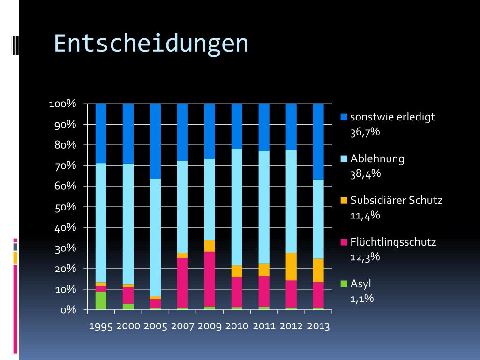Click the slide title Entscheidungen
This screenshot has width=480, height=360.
[151, 44]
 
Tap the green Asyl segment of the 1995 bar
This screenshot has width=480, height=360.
[101, 300]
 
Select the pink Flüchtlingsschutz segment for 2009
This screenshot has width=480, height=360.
[210, 279]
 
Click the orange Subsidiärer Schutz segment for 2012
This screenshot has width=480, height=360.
[291, 266]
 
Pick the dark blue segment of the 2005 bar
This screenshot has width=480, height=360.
[155, 141]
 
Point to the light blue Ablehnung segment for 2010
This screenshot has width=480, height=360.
[237, 207]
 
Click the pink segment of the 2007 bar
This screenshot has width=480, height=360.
[182, 283]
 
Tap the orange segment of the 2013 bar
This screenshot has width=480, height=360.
[318, 270]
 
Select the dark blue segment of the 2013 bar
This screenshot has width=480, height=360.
[318, 142]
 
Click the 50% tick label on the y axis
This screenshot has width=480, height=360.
[65, 207]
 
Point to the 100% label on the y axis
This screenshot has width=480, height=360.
[62, 104]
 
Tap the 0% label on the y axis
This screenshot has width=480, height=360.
[68, 310]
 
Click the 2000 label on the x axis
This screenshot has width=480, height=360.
[128, 326]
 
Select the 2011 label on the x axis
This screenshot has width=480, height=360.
[264, 326]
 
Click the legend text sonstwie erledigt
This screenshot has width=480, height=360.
[392, 117]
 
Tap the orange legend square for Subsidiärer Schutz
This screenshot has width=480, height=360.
[344, 200]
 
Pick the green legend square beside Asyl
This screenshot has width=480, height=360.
[344, 284]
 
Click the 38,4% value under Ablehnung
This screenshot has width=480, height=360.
[365, 174]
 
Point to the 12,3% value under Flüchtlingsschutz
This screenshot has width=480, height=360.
[365, 257]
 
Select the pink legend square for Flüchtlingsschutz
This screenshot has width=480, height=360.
[344, 242]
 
